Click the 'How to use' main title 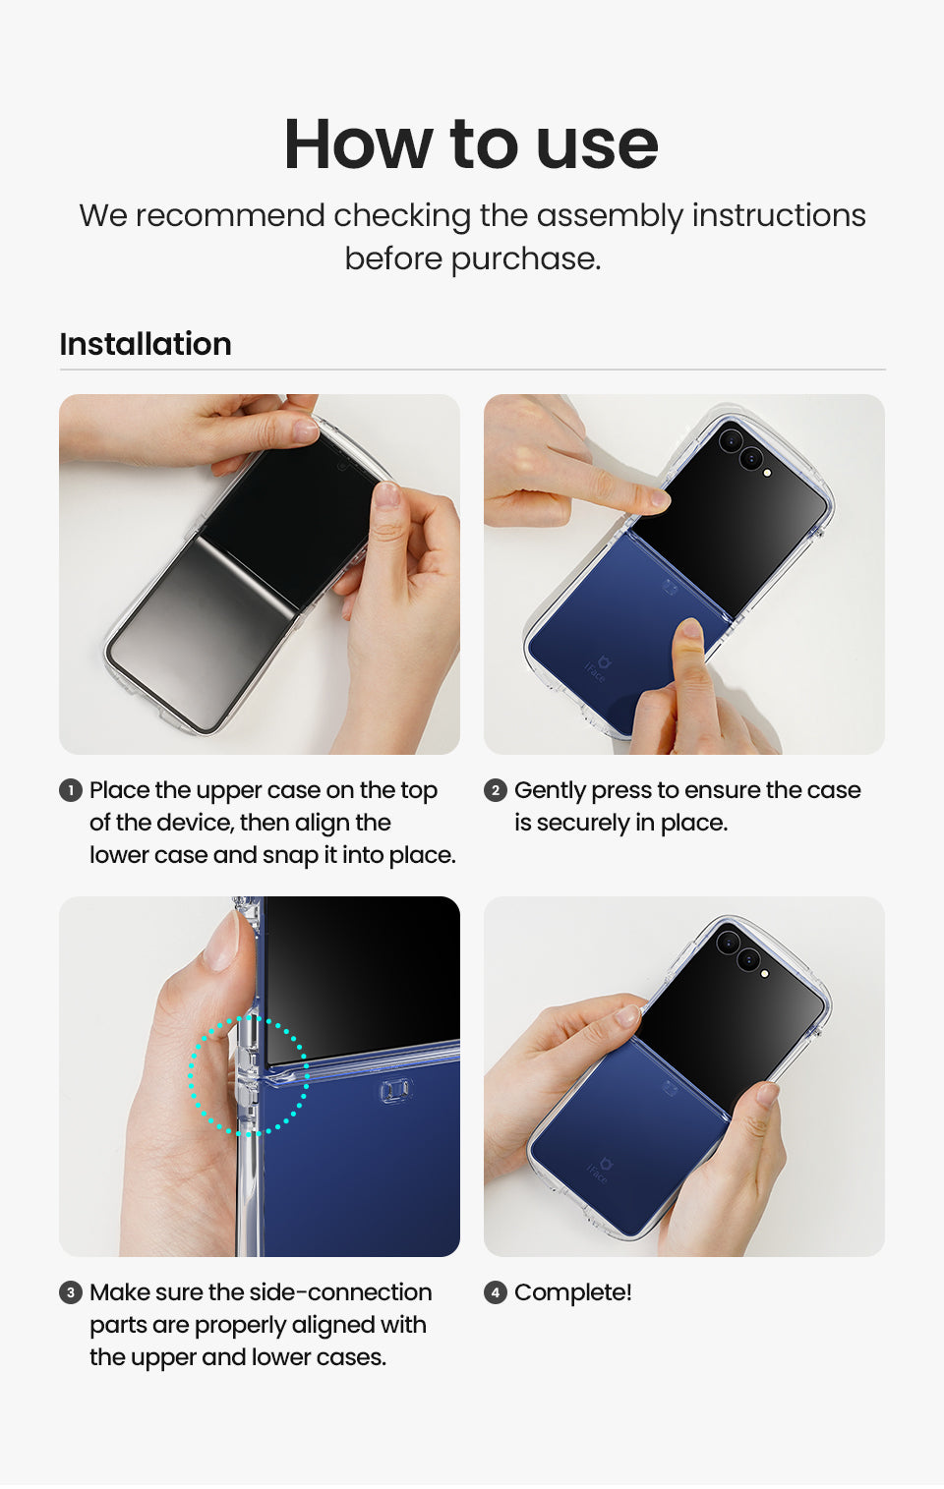pyautogui.click(x=471, y=144)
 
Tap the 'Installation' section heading pyautogui.click(x=145, y=344)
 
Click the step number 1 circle pyautogui.click(x=71, y=790)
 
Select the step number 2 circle pyautogui.click(x=495, y=790)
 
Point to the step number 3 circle pyautogui.click(x=71, y=1292)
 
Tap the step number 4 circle pyautogui.click(x=495, y=1292)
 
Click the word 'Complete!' pyautogui.click(x=572, y=1292)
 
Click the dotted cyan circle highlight pyautogui.click(x=189, y=1075)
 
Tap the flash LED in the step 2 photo pyautogui.click(x=767, y=473)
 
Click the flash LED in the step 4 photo pyautogui.click(x=764, y=973)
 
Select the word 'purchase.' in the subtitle pyautogui.click(x=525, y=259)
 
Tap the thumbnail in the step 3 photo pyautogui.click(x=221, y=940)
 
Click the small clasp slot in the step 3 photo pyautogui.click(x=395, y=1090)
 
